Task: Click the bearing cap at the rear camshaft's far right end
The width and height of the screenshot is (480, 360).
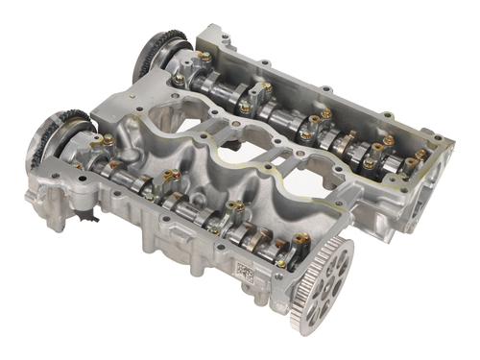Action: click(420, 158)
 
